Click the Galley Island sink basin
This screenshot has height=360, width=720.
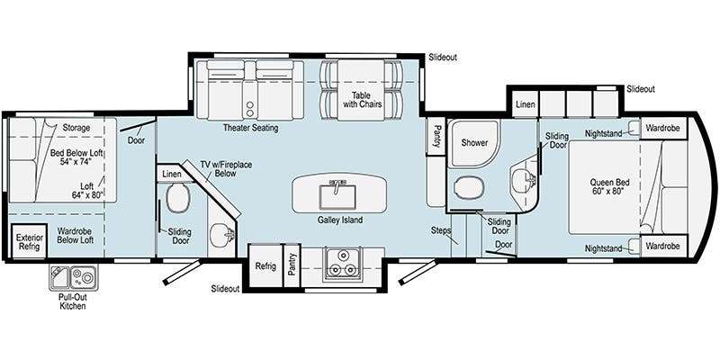337,196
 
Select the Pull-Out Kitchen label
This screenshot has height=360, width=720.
73,301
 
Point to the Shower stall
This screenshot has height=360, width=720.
473,143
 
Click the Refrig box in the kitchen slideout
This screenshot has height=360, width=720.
265,265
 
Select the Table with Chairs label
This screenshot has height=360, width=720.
362,100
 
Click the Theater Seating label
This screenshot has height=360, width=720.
251,128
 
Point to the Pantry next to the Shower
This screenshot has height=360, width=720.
436,137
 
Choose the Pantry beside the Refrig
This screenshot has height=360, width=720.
292,265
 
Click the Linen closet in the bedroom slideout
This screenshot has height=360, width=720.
525,103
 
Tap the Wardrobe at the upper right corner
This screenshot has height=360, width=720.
663,128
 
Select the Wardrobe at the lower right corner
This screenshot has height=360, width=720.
663,246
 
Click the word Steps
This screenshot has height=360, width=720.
441,230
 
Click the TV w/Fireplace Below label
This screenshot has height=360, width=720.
226,168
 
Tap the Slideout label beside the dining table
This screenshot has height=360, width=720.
443,58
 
